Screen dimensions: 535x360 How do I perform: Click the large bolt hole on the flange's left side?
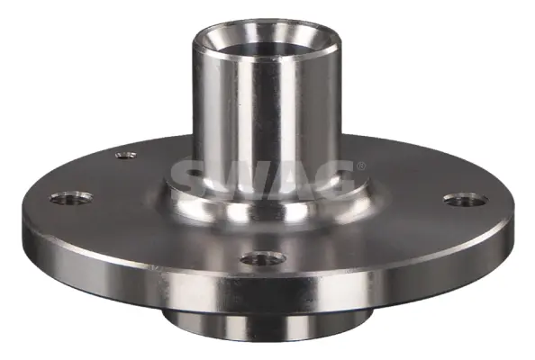tap(72, 198)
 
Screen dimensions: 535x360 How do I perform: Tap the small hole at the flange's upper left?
tap(126, 155)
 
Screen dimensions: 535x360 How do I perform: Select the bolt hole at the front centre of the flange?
tap(263, 259)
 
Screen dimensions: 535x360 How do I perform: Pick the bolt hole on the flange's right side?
tap(466, 200)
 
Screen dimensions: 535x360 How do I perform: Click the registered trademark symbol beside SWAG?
tap(361, 166)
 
